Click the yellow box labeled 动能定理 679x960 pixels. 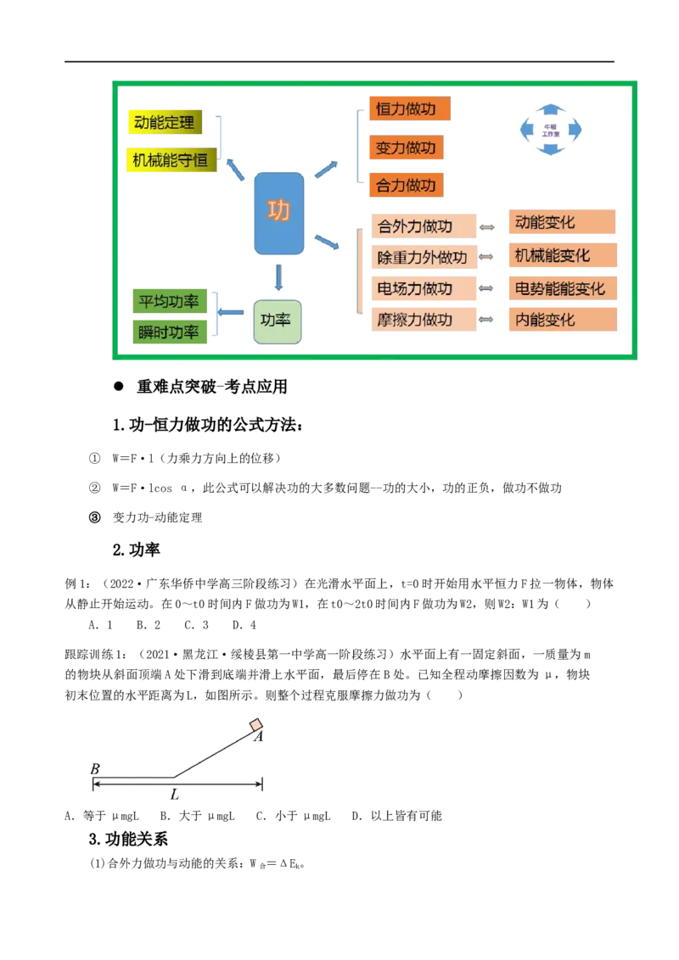(165, 123)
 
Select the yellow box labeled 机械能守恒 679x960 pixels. (170, 159)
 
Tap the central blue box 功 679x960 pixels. (278, 213)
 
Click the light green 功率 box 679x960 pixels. (278, 321)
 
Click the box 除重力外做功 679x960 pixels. (422, 258)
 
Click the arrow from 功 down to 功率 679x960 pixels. (278, 277)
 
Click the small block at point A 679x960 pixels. (256, 725)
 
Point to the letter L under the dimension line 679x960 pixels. (176, 795)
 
